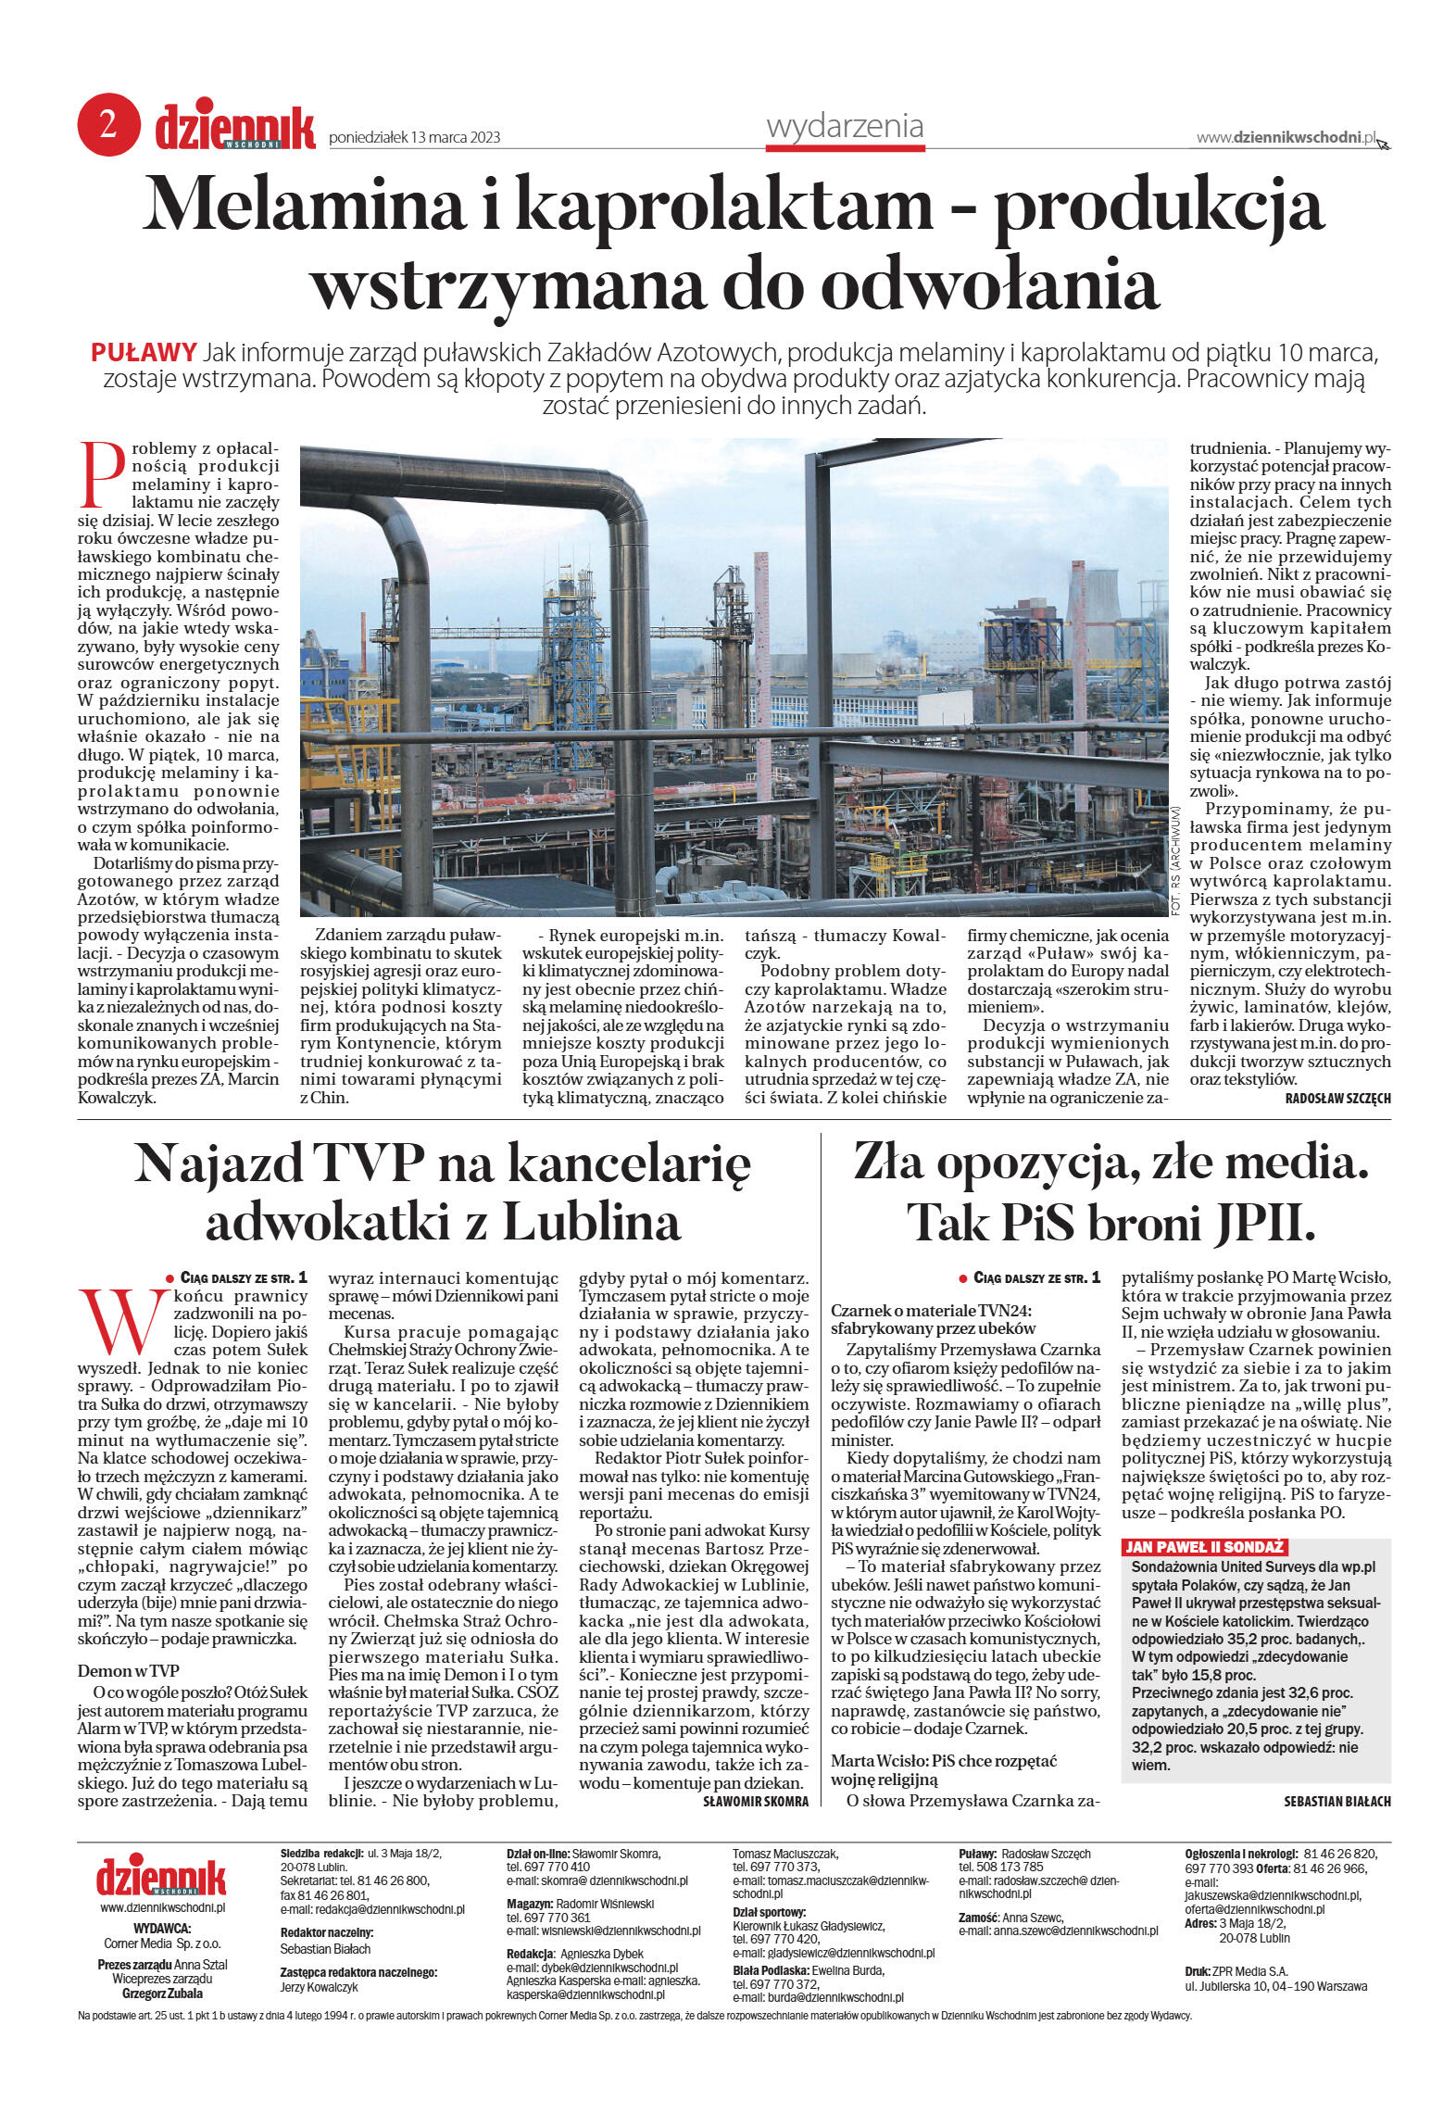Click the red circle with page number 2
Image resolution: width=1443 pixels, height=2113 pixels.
[108, 124]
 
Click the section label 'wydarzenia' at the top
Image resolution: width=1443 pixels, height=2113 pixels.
[845, 126]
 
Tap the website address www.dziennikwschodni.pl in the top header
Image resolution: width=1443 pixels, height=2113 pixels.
[1286, 137]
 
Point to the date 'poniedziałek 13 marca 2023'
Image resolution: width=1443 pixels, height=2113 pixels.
[414, 137]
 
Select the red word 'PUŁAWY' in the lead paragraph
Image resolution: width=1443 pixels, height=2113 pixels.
[144, 353]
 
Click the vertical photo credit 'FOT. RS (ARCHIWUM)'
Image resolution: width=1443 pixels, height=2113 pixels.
[1176, 862]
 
